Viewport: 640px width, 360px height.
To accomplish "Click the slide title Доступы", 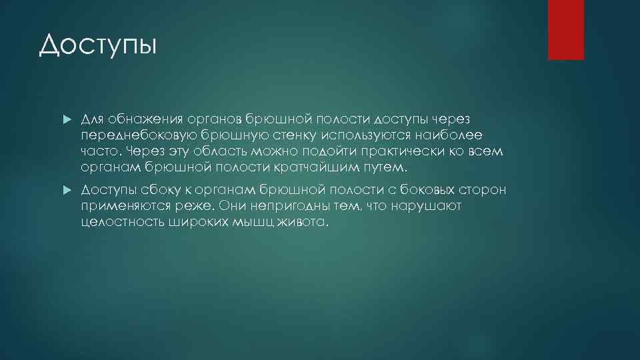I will click(x=97, y=45).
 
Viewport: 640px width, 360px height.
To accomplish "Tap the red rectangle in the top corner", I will click(x=565, y=29).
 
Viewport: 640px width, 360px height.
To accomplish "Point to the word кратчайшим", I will click(x=321, y=167).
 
